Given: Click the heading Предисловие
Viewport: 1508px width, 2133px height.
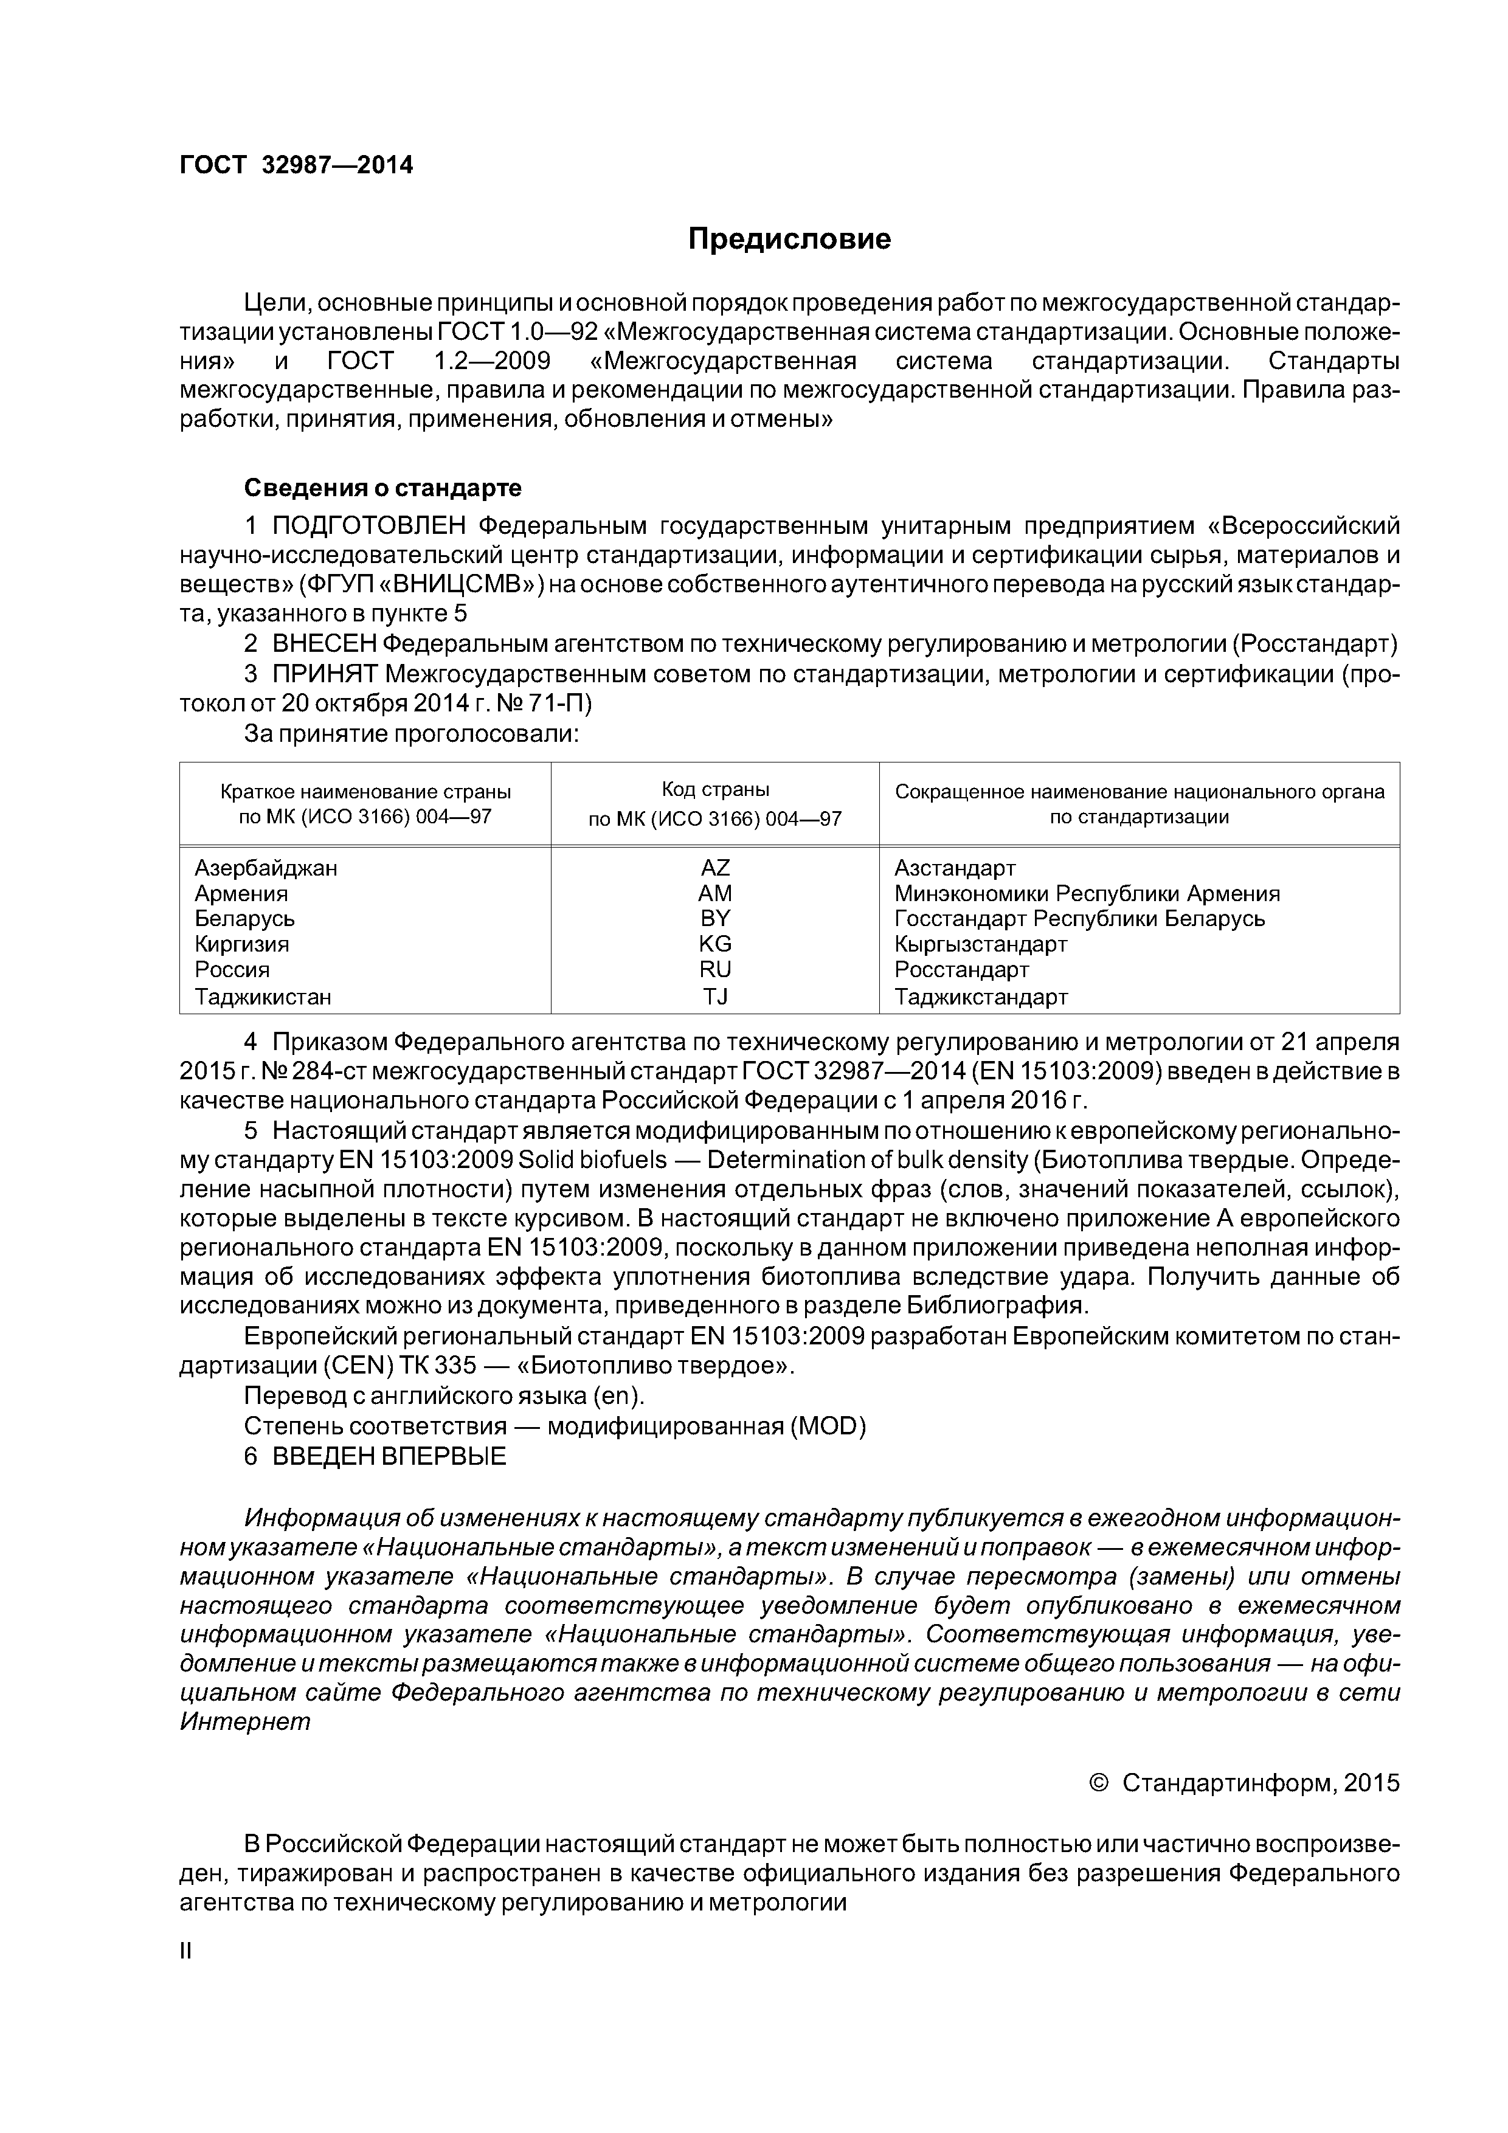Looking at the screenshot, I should (789, 240).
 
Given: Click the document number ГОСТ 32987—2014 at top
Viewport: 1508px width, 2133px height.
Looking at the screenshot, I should (296, 165).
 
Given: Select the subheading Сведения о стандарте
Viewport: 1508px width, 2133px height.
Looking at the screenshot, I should (382, 488).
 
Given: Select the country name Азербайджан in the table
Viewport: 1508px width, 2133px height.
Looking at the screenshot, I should (266, 868).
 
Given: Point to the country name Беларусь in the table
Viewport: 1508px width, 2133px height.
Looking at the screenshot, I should (244, 918).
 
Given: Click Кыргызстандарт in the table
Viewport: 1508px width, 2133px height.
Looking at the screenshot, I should (980, 944).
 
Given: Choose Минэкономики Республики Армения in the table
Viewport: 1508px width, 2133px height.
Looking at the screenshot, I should (1086, 893).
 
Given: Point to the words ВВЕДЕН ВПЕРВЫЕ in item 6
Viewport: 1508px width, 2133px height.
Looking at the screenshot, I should (389, 1456).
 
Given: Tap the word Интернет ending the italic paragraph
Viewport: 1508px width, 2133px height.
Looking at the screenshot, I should (244, 1721).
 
